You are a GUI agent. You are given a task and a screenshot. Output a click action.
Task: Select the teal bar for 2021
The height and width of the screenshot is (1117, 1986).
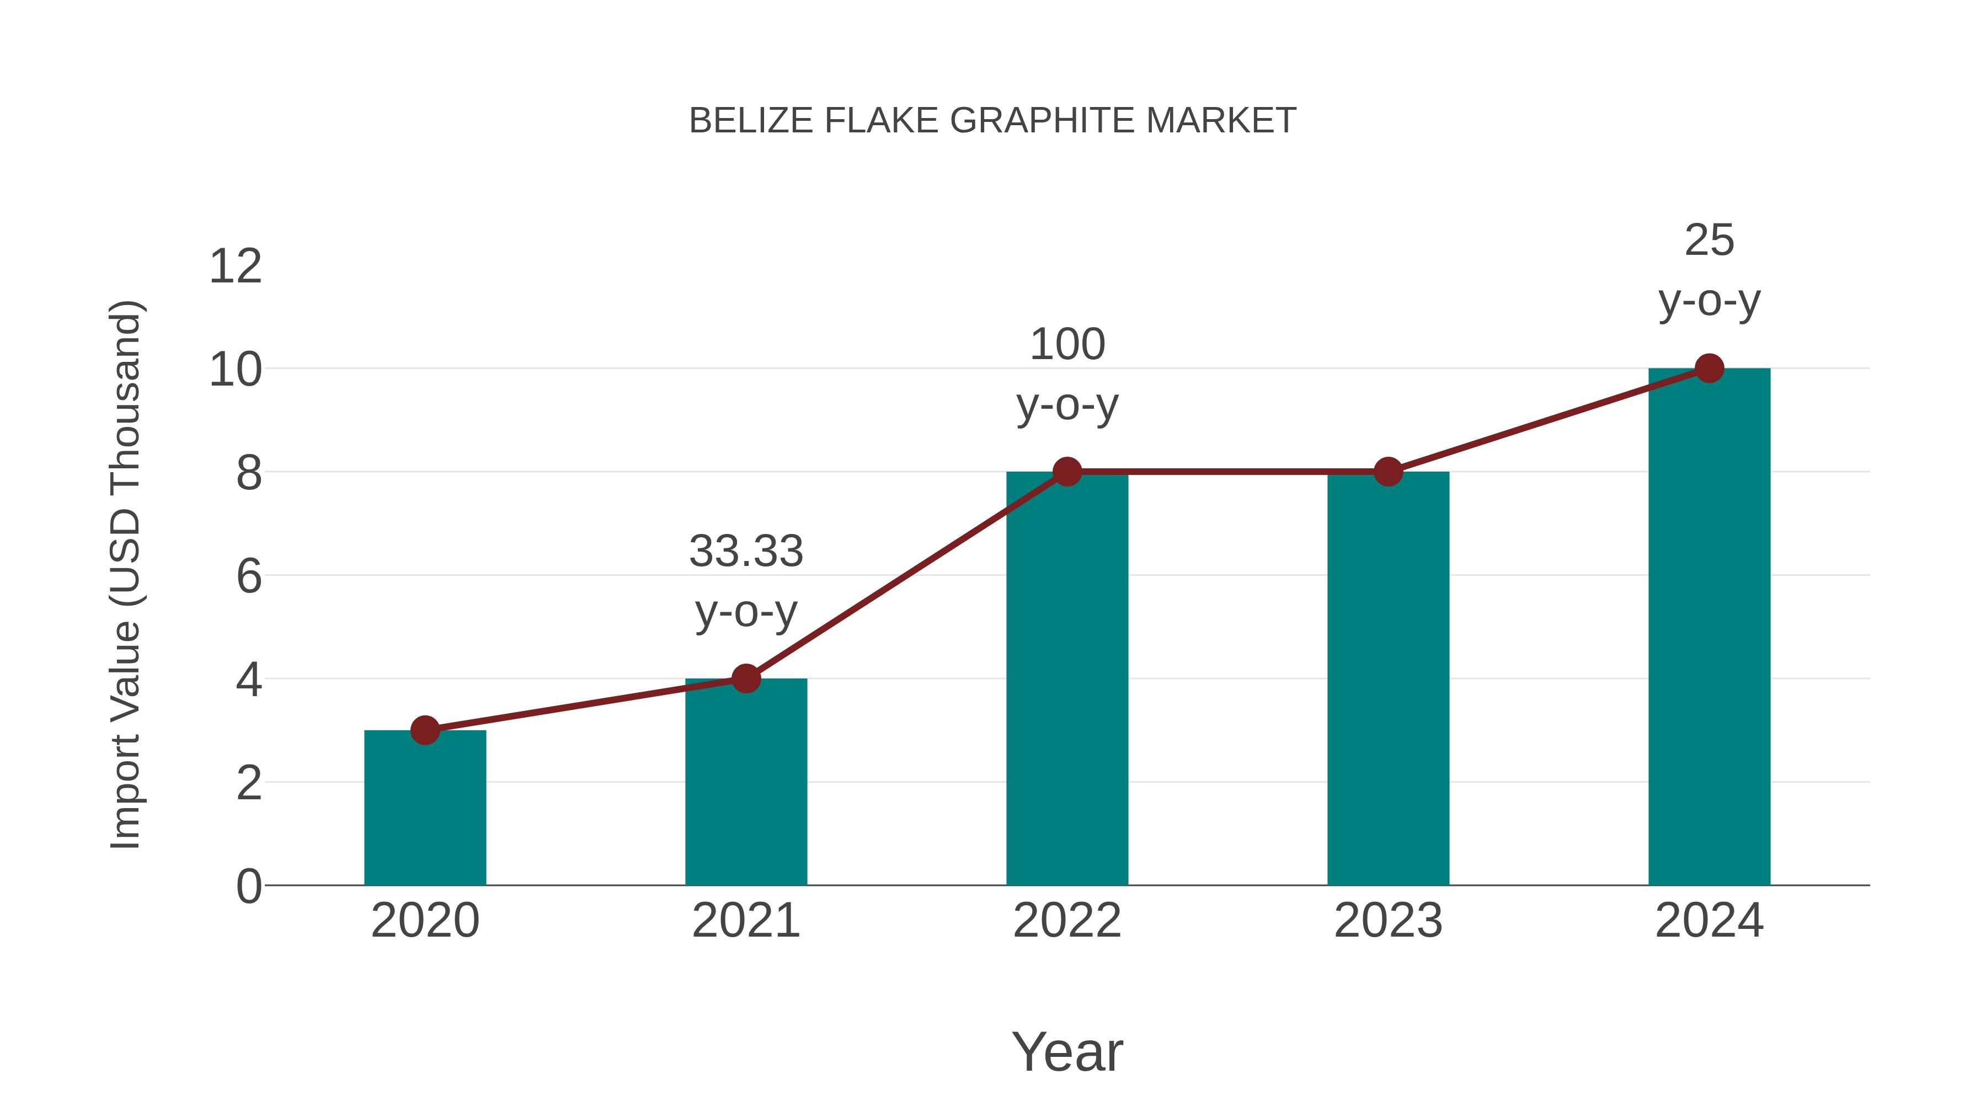click(745, 782)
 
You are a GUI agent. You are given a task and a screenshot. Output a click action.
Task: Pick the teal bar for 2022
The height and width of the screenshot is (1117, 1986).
click(1067, 678)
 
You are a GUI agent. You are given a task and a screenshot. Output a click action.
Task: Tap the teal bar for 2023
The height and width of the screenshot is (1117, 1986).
click(1388, 678)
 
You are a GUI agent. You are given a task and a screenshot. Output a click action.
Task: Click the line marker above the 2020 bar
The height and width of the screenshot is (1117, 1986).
click(425, 729)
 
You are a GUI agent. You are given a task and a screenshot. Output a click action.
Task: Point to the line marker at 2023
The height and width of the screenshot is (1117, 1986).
click(1388, 471)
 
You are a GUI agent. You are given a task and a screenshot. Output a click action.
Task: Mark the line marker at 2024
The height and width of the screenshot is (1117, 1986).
click(1709, 368)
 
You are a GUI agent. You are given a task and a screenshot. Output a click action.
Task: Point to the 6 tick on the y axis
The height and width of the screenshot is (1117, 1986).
click(248, 576)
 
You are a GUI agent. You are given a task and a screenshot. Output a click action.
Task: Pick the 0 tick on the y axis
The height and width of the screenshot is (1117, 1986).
click(248, 886)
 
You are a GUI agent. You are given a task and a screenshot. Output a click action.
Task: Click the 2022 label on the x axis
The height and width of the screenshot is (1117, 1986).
click(1067, 921)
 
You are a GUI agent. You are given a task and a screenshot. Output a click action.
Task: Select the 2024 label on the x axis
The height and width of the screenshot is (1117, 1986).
click(1709, 921)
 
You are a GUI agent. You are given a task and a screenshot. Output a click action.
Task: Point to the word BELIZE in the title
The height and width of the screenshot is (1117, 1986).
click(751, 121)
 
